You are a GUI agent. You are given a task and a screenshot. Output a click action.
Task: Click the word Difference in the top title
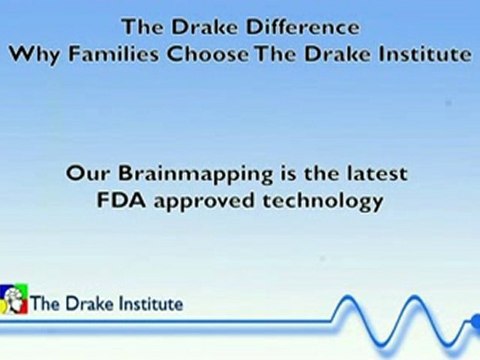pos(303,27)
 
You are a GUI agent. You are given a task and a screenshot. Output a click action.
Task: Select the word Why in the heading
pos(34,55)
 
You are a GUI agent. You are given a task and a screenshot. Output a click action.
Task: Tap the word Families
pos(113,53)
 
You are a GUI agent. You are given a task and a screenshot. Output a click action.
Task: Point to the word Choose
pos(207,54)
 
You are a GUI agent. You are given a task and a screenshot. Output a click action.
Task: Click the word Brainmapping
pos(195,175)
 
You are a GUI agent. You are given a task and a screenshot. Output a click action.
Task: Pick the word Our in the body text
pos(88,174)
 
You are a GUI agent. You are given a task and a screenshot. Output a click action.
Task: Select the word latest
pos(377,173)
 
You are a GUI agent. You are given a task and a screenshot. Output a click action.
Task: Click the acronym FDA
pos(121,200)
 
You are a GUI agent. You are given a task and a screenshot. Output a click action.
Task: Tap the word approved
pos(204,202)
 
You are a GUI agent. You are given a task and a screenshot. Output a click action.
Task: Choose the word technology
pos(323,202)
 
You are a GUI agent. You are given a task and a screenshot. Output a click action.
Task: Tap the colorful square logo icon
pos(14,299)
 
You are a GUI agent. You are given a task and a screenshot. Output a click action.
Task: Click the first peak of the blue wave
pos(348,297)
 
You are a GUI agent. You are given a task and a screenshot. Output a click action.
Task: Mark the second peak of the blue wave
pos(414,297)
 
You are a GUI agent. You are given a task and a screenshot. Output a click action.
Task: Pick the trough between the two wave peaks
pos(381,345)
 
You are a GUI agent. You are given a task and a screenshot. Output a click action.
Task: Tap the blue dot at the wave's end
pos(476,321)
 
